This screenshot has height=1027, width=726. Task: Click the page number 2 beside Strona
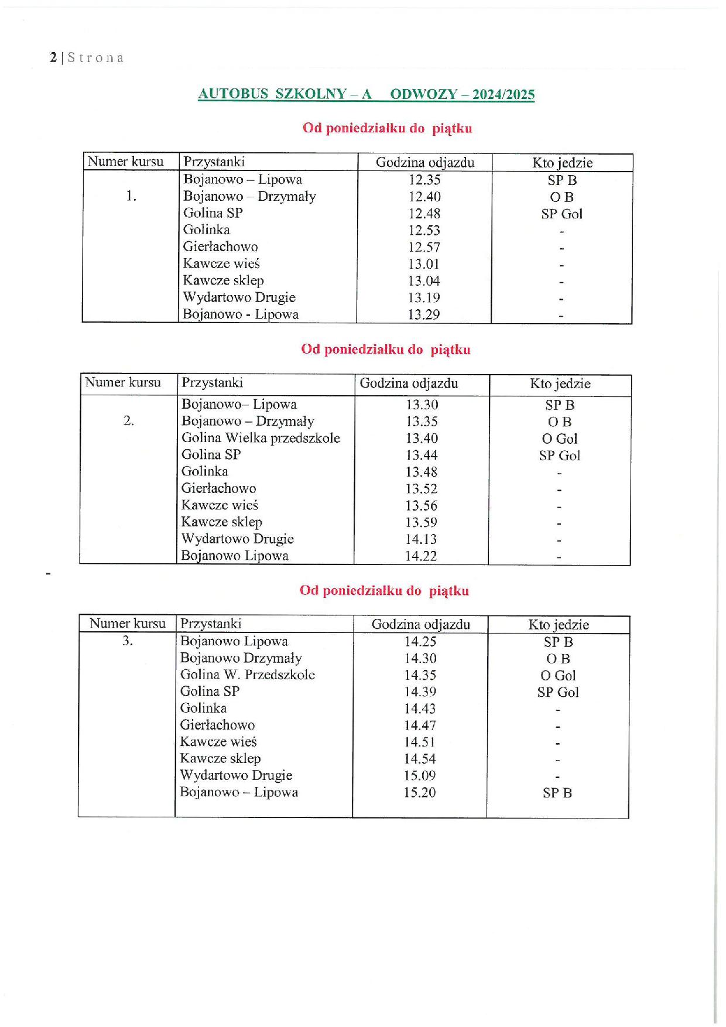pos(53,57)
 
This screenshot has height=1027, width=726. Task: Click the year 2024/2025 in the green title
pos(504,94)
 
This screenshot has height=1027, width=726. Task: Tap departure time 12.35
pos(424,180)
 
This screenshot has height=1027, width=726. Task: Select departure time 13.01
pos(424,264)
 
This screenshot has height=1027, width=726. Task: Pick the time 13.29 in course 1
pos(424,314)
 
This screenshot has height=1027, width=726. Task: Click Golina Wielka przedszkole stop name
pos(261,438)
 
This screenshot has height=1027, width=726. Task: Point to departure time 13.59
pos(422,522)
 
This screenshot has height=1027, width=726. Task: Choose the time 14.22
pos(421,556)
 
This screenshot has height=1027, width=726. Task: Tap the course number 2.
pos(129,420)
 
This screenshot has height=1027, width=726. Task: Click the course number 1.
pos(131,196)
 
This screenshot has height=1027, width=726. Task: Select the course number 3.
pos(128,641)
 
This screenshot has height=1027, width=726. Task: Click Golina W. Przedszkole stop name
pos(248,675)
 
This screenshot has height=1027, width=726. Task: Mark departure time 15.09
pos(420,776)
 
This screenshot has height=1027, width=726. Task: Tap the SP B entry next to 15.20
pos(557,793)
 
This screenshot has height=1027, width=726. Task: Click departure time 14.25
pos(420,642)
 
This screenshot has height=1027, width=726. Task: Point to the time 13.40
pos(422,439)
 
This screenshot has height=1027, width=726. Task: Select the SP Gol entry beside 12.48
pos(561,214)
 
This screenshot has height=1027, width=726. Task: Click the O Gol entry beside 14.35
pos(558,676)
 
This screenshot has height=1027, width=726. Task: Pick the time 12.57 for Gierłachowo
pos(424,247)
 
